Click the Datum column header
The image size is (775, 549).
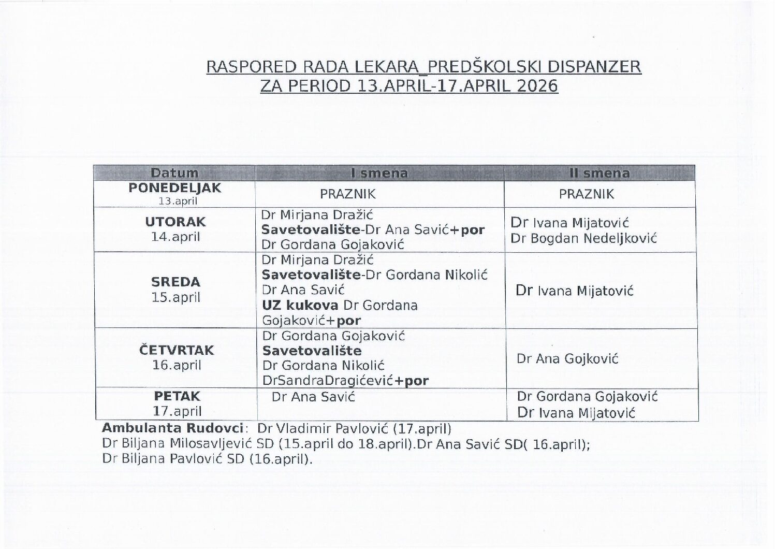click(x=174, y=173)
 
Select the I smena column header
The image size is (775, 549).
click(x=379, y=173)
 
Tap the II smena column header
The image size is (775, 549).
click(x=600, y=173)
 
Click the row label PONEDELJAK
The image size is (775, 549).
click(x=174, y=188)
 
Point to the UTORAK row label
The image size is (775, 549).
click(x=176, y=222)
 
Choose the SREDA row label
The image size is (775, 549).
click(x=176, y=282)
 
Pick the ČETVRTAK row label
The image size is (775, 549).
click(x=177, y=350)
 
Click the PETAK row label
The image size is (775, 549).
click(x=177, y=396)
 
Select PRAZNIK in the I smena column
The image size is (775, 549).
click(x=348, y=194)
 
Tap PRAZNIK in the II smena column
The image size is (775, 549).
click(x=587, y=194)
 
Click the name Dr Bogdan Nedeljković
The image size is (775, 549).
click(x=583, y=238)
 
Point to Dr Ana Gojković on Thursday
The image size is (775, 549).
click(x=567, y=358)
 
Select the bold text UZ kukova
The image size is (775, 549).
click(x=300, y=305)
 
